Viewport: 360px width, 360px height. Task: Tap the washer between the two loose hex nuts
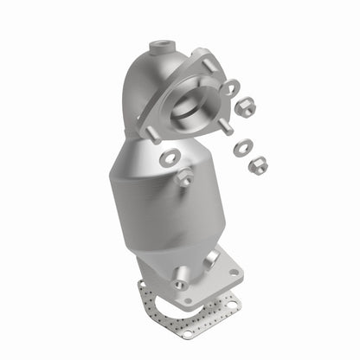click(x=241, y=148)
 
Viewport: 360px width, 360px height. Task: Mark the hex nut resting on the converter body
click(x=184, y=178)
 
